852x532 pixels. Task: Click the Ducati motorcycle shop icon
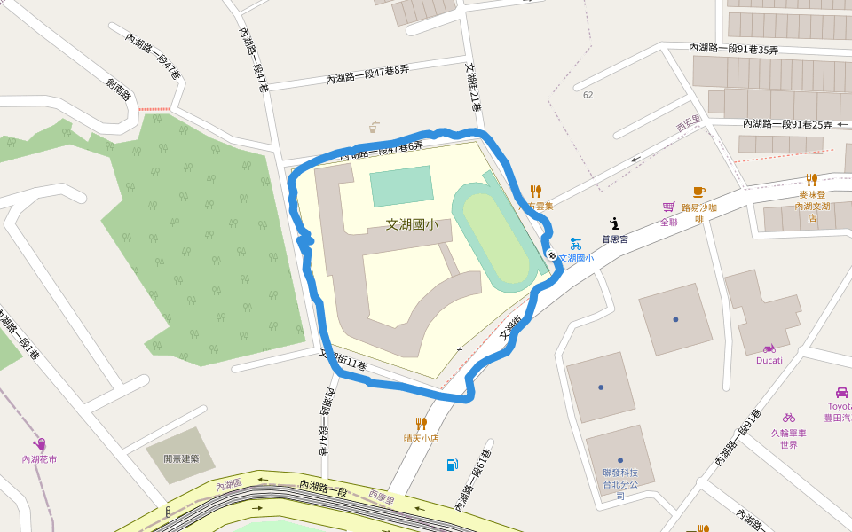pyautogui.click(x=769, y=348)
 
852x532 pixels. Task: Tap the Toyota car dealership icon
pyautogui.click(x=841, y=392)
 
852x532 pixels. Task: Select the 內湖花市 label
pyautogui.click(x=40, y=459)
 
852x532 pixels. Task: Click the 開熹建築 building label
pyautogui.click(x=181, y=458)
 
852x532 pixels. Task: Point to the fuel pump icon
pyautogui.click(x=453, y=465)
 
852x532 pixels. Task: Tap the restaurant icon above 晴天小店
pyautogui.click(x=422, y=424)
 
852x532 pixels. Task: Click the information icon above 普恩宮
pyautogui.click(x=614, y=224)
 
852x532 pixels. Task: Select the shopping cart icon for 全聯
pyautogui.click(x=668, y=207)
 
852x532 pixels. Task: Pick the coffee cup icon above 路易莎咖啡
pyautogui.click(x=698, y=192)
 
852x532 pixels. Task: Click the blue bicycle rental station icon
pyautogui.click(x=576, y=243)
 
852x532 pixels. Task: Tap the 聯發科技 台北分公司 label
pyautogui.click(x=620, y=483)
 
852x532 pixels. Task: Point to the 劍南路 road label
pyautogui.click(x=118, y=90)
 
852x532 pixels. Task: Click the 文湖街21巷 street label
pyautogui.click(x=474, y=86)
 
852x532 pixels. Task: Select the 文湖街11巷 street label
pyautogui.click(x=343, y=360)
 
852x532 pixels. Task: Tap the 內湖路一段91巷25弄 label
pyautogui.click(x=787, y=124)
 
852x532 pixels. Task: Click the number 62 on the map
pyautogui.click(x=588, y=95)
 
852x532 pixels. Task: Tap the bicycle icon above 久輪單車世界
pyautogui.click(x=788, y=417)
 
